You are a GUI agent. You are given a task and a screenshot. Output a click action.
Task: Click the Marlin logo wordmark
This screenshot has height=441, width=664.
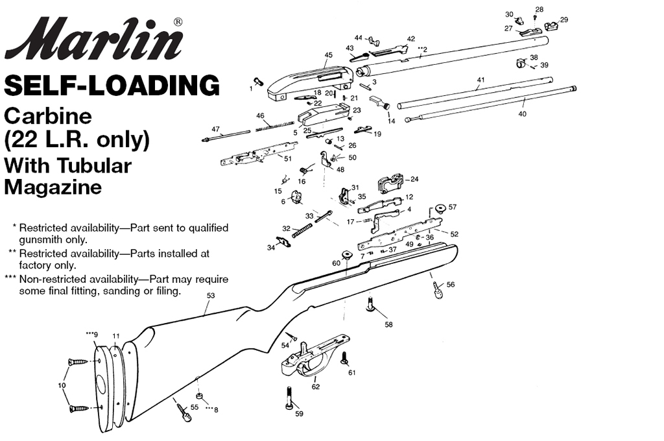(x=94, y=39)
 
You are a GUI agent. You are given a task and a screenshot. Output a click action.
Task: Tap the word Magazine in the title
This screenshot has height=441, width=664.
(x=53, y=187)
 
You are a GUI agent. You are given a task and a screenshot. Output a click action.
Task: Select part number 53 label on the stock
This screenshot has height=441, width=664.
(x=211, y=296)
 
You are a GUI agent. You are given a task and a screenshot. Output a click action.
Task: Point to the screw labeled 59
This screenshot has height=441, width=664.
(x=290, y=398)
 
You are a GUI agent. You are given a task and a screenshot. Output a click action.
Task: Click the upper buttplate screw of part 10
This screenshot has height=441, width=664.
(x=78, y=363)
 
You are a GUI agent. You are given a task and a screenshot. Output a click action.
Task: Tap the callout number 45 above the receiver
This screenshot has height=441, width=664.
(x=328, y=55)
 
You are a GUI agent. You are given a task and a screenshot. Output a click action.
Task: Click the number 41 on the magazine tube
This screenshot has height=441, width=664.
(x=480, y=80)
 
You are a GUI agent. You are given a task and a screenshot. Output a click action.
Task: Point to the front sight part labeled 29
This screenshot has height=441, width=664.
(x=551, y=26)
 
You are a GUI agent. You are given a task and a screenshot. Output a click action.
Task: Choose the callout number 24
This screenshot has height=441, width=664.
(x=414, y=179)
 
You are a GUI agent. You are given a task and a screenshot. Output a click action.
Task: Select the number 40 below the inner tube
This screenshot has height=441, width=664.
(x=522, y=114)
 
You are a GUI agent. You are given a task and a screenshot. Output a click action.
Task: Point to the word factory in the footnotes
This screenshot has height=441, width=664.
(x=33, y=266)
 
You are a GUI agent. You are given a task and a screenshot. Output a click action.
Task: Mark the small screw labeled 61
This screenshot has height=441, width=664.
(x=344, y=357)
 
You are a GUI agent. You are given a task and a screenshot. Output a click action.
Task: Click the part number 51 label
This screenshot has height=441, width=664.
(x=287, y=159)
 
